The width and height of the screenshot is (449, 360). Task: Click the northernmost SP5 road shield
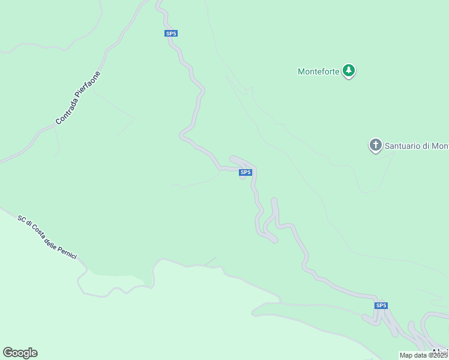171,34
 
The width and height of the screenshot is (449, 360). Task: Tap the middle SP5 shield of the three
245,173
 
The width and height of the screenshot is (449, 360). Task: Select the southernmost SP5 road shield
381,305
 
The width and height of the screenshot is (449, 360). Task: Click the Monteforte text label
319,71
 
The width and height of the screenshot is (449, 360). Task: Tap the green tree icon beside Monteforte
349,71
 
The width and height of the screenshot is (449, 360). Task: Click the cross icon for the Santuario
376,145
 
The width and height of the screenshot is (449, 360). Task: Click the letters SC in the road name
21,220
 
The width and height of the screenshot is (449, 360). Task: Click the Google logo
20,353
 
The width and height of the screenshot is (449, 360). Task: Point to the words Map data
414,355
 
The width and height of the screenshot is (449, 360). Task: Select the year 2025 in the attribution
440,355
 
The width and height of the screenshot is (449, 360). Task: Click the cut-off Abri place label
440,352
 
